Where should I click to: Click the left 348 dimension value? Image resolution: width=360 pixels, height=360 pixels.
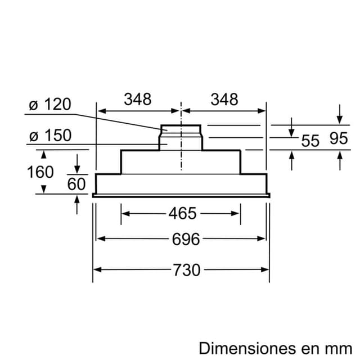pos(138,100)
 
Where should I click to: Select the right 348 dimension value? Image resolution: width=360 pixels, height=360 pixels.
pos(224,100)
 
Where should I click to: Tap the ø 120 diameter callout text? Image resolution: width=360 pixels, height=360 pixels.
pos(50,104)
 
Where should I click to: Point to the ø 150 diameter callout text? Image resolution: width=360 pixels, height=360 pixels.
pos(50,136)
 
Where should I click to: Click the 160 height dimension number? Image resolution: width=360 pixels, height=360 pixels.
pos(40,172)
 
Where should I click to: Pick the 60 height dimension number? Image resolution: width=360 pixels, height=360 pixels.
pos(76,183)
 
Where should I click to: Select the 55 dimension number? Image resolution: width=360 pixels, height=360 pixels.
pos(310,141)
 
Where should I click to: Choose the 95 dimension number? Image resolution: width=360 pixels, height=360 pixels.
pos(339,138)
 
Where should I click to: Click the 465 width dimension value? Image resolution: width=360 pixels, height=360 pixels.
pos(182,213)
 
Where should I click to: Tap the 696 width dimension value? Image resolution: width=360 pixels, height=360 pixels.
pos(186,239)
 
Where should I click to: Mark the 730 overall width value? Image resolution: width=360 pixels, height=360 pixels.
pos(186,270)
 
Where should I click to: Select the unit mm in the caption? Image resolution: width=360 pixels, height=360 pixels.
pos(337,345)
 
